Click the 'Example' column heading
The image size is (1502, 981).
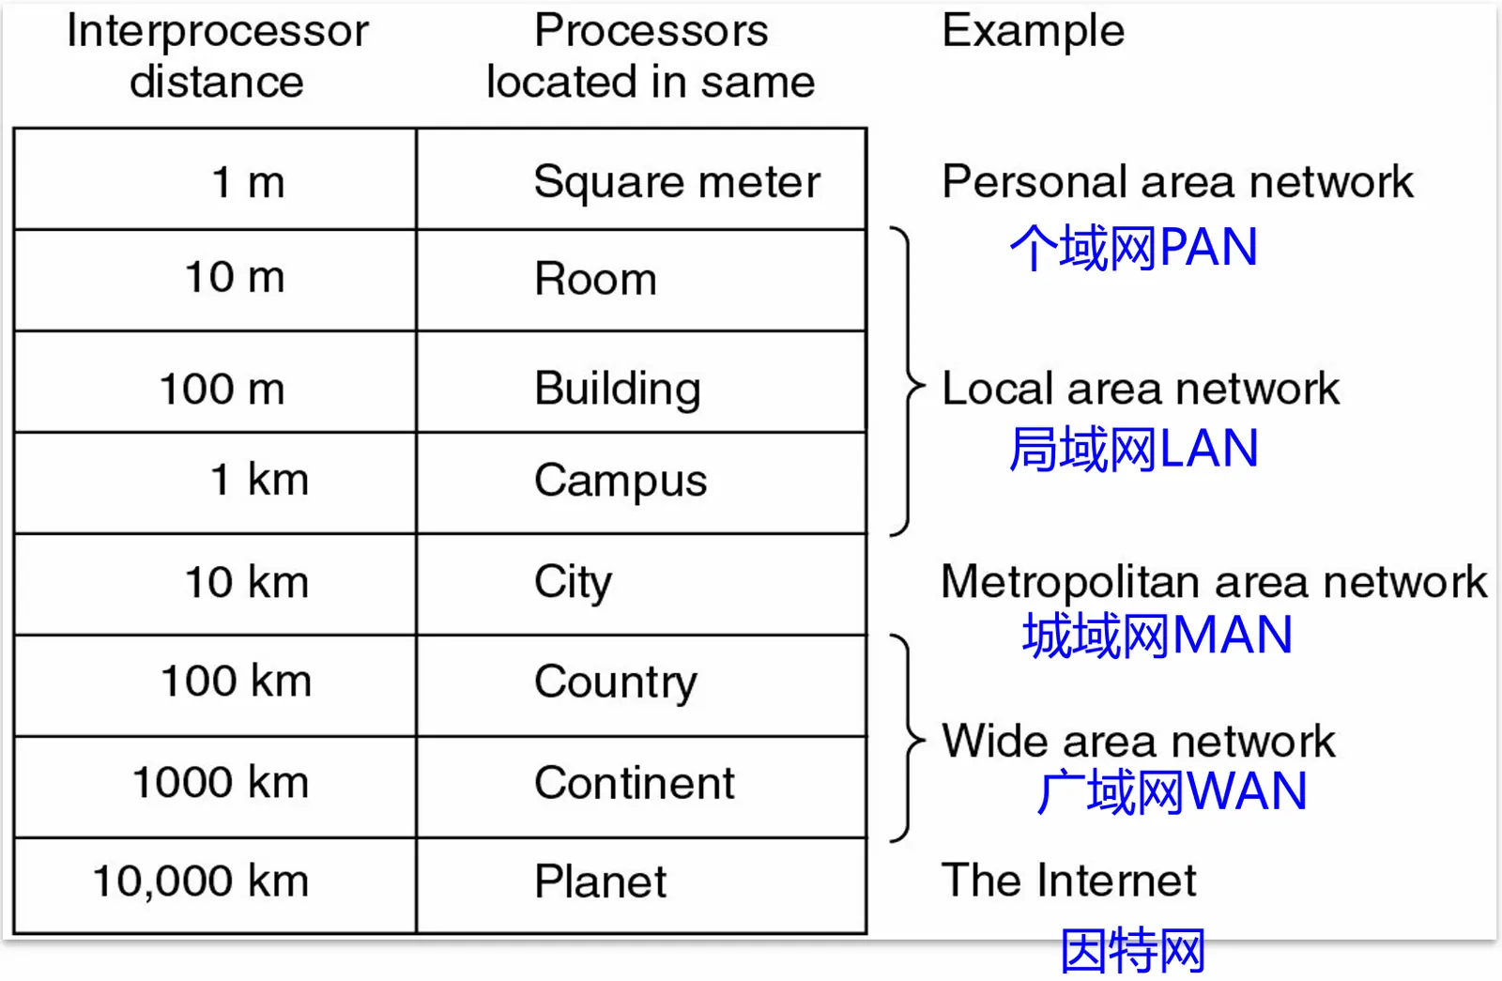(x=1033, y=31)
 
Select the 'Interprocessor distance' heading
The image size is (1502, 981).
(x=217, y=56)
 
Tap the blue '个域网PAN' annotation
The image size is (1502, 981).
(x=1133, y=248)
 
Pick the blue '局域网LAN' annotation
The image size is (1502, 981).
(x=1133, y=449)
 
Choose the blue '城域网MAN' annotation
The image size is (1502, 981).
(x=1157, y=636)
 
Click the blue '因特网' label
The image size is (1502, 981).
(x=1132, y=950)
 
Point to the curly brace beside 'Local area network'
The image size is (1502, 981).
(x=907, y=382)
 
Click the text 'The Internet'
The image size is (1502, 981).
(x=1068, y=881)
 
